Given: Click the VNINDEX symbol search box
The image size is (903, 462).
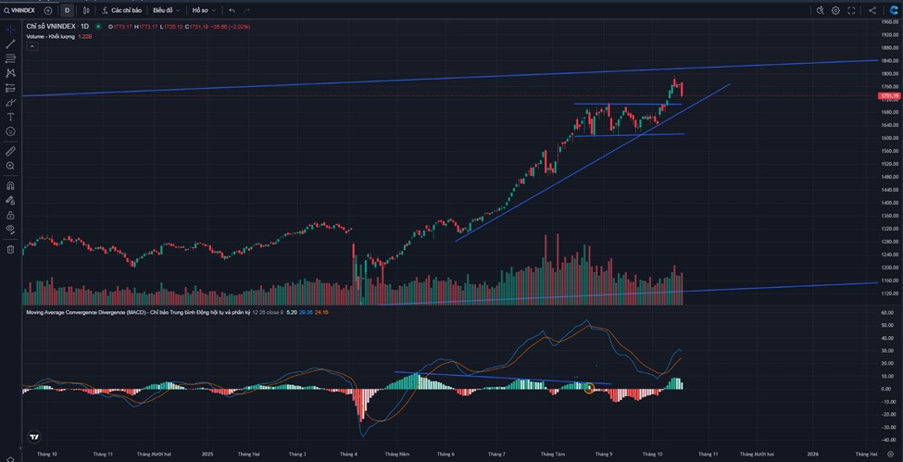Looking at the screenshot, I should (20, 10).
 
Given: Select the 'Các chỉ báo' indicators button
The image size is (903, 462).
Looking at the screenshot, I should (120, 10).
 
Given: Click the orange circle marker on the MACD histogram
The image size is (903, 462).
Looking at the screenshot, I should (589, 388).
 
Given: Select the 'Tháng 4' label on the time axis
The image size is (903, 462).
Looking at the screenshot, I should (348, 455).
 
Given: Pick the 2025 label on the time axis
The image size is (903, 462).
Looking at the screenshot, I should (207, 455).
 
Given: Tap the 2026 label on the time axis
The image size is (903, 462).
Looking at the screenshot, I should (812, 455).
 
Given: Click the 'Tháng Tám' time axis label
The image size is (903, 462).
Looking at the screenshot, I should (553, 455).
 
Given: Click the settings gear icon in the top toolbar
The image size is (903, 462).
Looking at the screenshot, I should (835, 10).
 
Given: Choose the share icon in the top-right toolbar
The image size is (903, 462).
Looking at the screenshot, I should (872, 10).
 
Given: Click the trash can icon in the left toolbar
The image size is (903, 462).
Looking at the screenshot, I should (10, 249).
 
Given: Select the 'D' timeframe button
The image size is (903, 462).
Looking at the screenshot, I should (67, 10).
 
